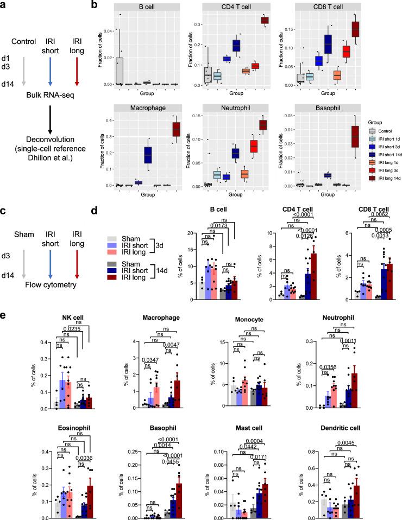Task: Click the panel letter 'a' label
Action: (x=4, y=5)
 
